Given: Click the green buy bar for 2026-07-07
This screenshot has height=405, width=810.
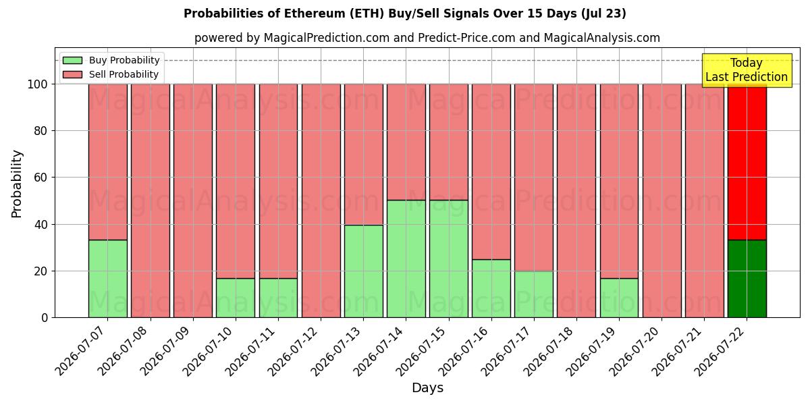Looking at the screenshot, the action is pyautogui.click(x=108, y=279).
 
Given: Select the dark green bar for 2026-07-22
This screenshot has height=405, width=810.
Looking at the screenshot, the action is pyautogui.click(x=747, y=279).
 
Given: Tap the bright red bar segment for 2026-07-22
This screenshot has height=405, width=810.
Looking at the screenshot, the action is pyautogui.click(x=747, y=162).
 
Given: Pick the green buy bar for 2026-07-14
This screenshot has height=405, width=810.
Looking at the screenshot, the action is pyautogui.click(x=406, y=259).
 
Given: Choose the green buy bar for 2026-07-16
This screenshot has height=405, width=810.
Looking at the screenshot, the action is pyautogui.click(x=491, y=289).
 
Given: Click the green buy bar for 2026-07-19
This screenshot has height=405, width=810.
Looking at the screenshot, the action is pyautogui.click(x=619, y=298).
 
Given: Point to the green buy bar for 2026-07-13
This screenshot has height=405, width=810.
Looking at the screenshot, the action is pyautogui.click(x=363, y=271).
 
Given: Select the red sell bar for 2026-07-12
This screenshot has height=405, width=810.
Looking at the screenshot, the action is pyautogui.click(x=321, y=201).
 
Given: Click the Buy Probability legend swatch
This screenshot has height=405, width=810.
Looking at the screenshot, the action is pyautogui.click(x=72, y=60).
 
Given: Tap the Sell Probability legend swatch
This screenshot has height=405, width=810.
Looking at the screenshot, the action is pyautogui.click(x=72, y=74).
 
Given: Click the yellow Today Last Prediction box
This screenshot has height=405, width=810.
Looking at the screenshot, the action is pyautogui.click(x=747, y=70).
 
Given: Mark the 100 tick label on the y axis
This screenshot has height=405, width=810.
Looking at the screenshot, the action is pyautogui.click(x=38, y=84).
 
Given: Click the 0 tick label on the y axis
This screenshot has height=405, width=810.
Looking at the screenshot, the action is pyautogui.click(x=45, y=318).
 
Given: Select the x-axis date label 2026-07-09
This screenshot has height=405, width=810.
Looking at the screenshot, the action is pyautogui.click(x=165, y=351).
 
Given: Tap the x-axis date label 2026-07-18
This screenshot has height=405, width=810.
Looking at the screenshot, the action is pyautogui.click(x=549, y=351).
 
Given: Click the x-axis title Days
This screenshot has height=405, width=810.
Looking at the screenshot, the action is pyautogui.click(x=427, y=388).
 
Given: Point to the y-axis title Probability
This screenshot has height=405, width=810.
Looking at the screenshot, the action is pyautogui.click(x=17, y=184).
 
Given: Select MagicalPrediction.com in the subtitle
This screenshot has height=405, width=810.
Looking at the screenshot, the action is pyautogui.click(x=327, y=38).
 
